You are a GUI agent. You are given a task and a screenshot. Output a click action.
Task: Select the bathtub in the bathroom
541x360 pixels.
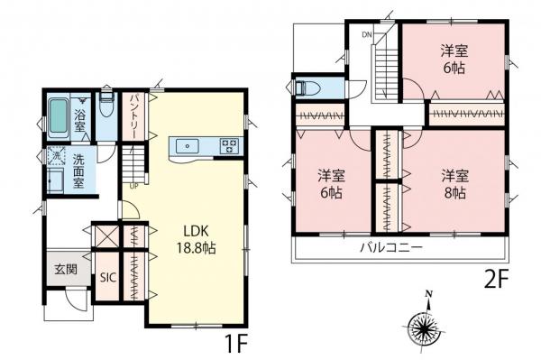(x=57, y=116)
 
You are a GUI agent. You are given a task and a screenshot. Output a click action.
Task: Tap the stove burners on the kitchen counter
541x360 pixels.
(x=227, y=146)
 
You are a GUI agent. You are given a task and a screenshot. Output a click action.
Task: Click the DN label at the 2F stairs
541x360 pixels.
(x=367, y=34)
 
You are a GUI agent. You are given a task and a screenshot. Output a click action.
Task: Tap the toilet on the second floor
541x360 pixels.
(x=307, y=88)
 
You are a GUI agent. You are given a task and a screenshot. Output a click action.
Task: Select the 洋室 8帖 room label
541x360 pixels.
(x=453, y=182)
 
